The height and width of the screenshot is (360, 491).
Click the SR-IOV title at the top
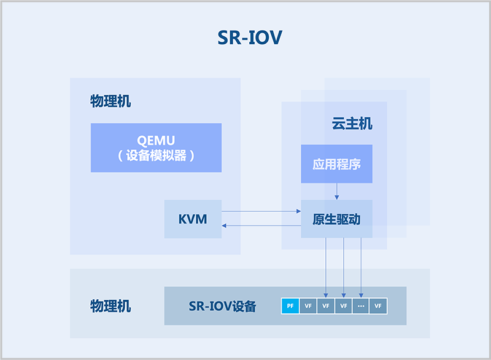click(x=250, y=37)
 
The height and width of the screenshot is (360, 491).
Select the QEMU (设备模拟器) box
click(x=156, y=147)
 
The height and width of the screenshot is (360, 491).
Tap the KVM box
click(x=193, y=219)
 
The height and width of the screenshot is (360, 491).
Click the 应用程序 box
click(x=336, y=164)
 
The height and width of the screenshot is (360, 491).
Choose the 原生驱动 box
click(x=336, y=219)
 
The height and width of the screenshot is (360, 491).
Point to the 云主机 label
click(x=352, y=123)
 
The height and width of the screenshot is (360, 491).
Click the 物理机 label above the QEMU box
click(x=110, y=101)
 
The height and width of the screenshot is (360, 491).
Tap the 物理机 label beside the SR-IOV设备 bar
click(x=110, y=306)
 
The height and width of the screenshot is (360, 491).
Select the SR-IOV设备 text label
click(x=222, y=306)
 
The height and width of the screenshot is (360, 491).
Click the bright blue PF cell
click(x=290, y=306)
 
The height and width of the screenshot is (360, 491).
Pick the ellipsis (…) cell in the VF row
click(x=361, y=306)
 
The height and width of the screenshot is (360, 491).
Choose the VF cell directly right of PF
click(x=308, y=306)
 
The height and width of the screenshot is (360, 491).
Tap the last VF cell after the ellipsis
click(x=378, y=306)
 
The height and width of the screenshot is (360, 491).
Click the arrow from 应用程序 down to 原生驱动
click(x=336, y=191)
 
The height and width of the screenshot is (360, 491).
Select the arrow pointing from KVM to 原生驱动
click(x=261, y=211)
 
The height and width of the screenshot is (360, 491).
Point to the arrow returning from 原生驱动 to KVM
click(x=261, y=225)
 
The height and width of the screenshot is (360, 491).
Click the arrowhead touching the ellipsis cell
click(x=361, y=295)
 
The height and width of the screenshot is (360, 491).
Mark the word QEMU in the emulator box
click(x=156, y=140)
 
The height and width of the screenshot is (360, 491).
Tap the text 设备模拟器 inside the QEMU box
click(x=156, y=155)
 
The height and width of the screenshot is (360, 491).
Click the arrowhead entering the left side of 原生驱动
click(x=299, y=211)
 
